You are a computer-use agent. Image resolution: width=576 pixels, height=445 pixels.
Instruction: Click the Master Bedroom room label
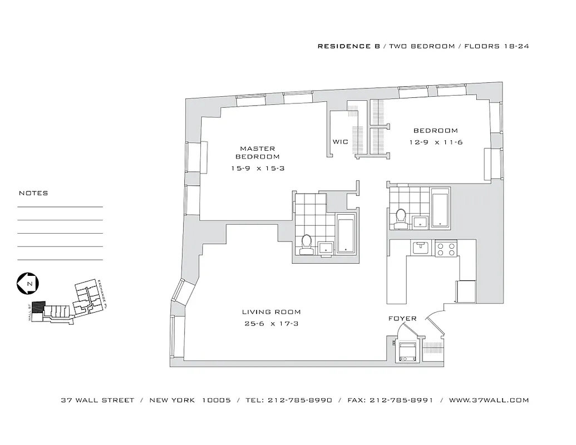click(x=257, y=152)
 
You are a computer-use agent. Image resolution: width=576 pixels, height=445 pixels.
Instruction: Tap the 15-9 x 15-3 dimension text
click(x=258, y=168)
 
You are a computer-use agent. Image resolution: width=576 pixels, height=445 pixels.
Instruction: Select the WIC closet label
click(x=340, y=142)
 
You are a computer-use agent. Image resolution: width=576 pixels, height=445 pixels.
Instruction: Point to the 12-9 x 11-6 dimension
click(x=436, y=142)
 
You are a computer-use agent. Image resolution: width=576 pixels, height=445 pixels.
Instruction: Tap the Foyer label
click(x=402, y=319)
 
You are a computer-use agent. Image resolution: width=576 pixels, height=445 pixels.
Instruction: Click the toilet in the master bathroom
click(x=306, y=244)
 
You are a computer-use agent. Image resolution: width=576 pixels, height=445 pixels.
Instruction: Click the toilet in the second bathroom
click(x=400, y=218)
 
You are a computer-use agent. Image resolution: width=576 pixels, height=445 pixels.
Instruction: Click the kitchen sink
click(x=419, y=246)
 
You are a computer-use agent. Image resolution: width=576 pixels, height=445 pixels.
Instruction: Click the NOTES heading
click(x=33, y=193)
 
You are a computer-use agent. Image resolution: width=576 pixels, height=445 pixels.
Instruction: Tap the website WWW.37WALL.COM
click(x=489, y=400)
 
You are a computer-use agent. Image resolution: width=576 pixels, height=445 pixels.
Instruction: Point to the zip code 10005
click(x=216, y=400)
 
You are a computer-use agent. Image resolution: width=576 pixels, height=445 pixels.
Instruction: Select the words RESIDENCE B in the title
click(x=348, y=46)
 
